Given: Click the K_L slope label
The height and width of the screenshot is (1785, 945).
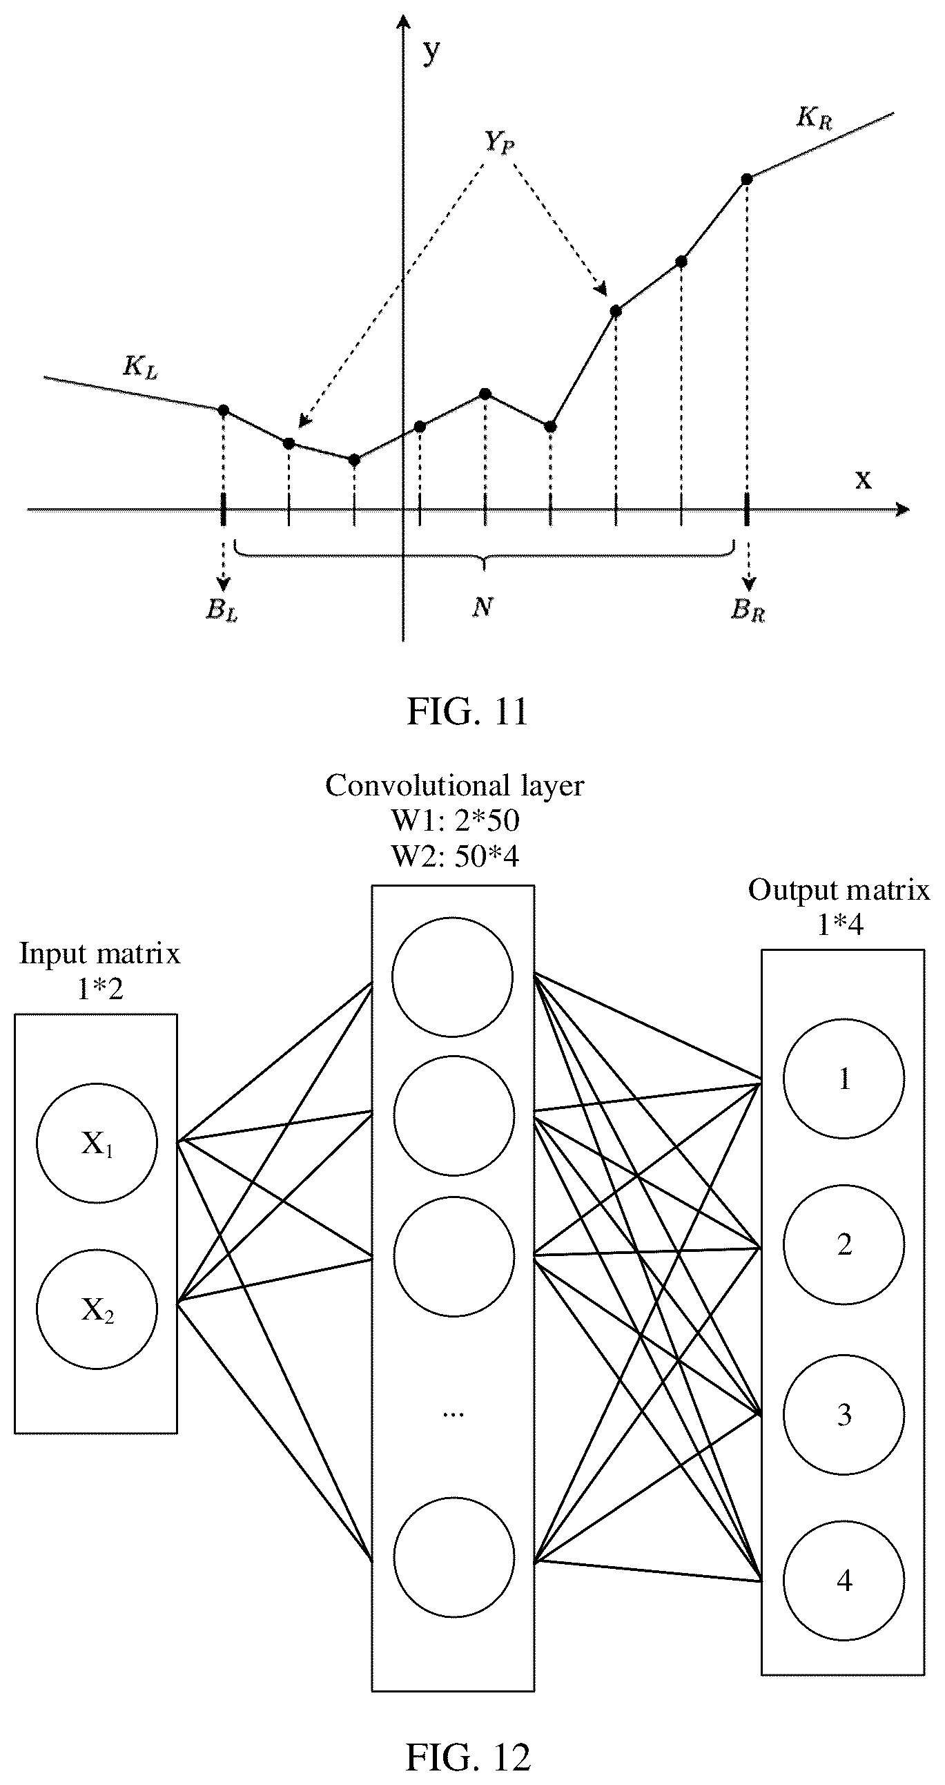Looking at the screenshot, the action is point(141,367).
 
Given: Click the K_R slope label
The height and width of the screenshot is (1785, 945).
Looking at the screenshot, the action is point(813,118).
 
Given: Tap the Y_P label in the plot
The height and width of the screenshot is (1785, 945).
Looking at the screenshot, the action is point(498,142).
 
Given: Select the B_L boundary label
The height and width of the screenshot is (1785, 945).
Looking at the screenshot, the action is point(222,609).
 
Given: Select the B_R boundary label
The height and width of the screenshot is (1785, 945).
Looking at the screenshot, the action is point(748,610).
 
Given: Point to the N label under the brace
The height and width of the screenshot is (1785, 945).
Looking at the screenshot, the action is point(483,607).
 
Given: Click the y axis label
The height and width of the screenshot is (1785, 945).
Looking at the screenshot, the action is point(431,51).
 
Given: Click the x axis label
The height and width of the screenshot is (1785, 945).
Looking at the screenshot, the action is point(863,479).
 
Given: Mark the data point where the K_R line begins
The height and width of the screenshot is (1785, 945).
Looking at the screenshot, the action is point(746,179).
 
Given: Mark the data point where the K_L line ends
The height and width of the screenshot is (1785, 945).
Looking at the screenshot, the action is point(223,410).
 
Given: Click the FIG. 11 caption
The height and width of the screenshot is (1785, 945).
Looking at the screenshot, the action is point(467,711).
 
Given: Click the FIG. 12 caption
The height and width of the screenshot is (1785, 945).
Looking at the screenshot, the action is point(467,1751).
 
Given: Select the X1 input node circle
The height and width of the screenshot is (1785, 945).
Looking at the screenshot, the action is point(97,1144).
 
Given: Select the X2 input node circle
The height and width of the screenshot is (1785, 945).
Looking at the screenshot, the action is point(97,1309).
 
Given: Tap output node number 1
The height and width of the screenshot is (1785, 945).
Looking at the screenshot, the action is point(844,1078).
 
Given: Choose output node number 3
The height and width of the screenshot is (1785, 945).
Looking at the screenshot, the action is point(844,1414).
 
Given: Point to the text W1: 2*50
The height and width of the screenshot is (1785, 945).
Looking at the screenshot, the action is point(455,820).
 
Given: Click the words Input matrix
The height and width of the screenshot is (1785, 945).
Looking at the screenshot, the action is point(100,954).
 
